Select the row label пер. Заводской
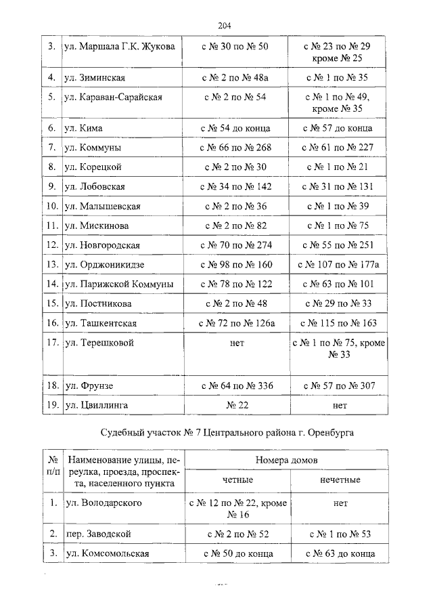(97, 534)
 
